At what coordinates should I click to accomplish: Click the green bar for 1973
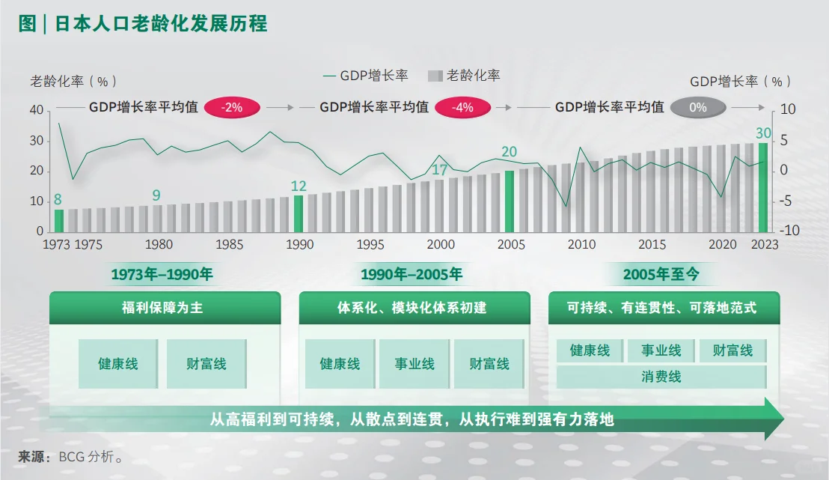click(x=59, y=220)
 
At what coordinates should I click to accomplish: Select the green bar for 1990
click(x=299, y=213)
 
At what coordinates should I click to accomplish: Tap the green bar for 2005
click(x=510, y=201)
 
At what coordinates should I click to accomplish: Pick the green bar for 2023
click(x=763, y=187)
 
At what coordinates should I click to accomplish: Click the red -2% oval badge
click(x=233, y=107)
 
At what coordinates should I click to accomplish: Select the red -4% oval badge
click(x=463, y=107)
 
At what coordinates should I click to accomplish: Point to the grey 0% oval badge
click(x=697, y=107)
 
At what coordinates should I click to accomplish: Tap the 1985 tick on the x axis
click(x=229, y=244)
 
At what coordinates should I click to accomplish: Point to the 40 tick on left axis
click(x=37, y=110)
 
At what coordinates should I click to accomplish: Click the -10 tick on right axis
click(x=790, y=231)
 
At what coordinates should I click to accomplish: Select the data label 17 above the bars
click(x=440, y=169)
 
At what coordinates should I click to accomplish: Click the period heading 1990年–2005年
click(x=411, y=274)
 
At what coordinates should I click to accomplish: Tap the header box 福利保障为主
click(x=162, y=308)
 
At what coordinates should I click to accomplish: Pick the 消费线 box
click(x=661, y=377)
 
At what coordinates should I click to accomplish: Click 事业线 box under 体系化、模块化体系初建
click(x=414, y=364)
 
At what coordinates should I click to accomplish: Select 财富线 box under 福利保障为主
click(x=207, y=364)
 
